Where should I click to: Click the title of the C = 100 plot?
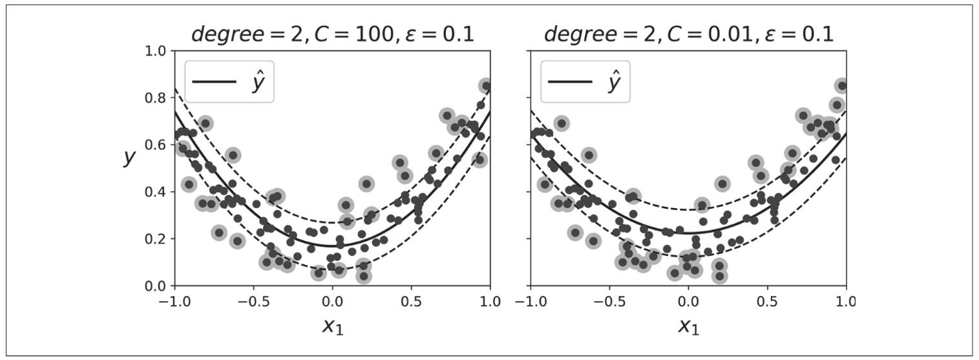(x=332, y=34)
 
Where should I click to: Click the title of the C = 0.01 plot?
(x=688, y=34)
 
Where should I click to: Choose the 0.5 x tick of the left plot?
(x=411, y=302)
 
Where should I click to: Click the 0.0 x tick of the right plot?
(x=688, y=302)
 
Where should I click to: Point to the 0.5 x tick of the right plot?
(x=767, y=302)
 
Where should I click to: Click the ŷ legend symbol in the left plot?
(x=258, y=83)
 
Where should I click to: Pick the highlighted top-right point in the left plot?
(x=486, y=86)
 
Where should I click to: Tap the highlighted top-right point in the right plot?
(x=841, y=86)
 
